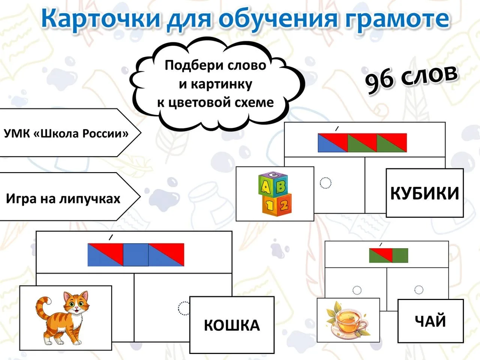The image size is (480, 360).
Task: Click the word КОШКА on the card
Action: [232, 325]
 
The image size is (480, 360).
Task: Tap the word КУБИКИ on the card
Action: [424, 193]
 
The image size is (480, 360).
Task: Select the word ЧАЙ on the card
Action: [430, 321]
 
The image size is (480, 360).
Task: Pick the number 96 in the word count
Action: [379, 81]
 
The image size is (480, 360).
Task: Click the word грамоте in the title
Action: [396, 19]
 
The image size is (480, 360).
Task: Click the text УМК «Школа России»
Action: [66, 133]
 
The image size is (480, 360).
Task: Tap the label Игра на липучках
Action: [63, 198]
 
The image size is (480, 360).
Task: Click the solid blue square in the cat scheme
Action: [136, 255]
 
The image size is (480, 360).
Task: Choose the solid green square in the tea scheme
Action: [400, 255]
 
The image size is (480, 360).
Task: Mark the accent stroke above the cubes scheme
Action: [337, 129]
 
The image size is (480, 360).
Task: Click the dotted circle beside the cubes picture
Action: [325, 183]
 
